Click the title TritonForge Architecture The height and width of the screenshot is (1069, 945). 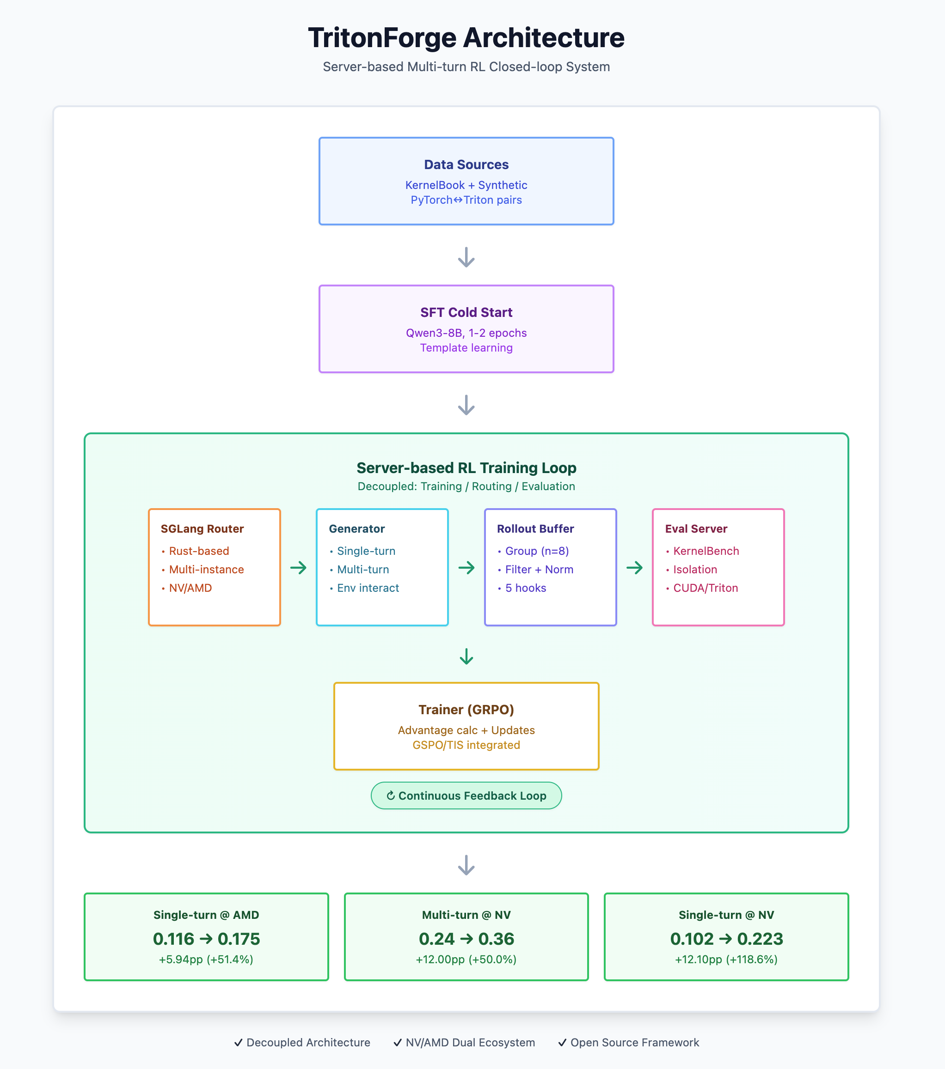click(466, 38)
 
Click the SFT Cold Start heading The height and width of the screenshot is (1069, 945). click(466, 312)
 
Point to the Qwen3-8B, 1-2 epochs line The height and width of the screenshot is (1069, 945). click(466, 333)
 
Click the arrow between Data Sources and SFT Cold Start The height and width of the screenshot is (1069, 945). click(466, 257)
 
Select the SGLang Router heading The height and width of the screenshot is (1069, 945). click(202, 529)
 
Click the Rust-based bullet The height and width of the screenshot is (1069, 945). click(198, 551)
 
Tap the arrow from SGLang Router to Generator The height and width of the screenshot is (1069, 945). click(298, 567)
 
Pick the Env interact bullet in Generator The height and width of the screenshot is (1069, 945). click(368, 588)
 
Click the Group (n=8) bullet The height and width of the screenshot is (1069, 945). click(536, 551)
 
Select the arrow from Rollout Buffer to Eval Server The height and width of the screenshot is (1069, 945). click(634, 567)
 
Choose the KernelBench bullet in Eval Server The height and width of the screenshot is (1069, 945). click(706, 551)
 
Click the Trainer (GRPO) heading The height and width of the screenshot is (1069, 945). click(466, 709)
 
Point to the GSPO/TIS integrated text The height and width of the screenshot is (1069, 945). click(466, 745)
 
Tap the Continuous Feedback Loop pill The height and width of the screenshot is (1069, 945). click(466, 796)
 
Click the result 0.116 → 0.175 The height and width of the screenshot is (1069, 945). click(206, 939)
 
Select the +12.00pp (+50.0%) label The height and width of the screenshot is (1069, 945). click(466, 959)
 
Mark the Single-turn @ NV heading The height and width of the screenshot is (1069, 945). click(726, 915)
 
